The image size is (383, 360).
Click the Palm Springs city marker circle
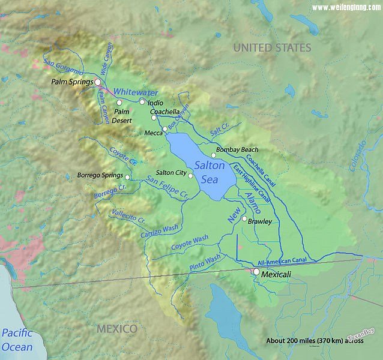[x=98, y=82]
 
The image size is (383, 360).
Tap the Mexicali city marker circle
[x=256, y=272]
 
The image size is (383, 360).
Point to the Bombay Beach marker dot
[x=213, y=155]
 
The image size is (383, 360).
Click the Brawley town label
[x=260, y=221]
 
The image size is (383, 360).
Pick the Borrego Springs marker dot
[x=127, y=177]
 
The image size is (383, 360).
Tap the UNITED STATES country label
[x=272, y=47]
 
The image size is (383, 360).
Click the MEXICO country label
[x=117, y=329]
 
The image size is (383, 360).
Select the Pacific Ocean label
[x=17, y=340]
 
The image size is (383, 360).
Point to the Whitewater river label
[x=136, y=92]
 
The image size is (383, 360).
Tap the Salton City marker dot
[x=190, y=176]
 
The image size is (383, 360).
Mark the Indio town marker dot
[x=142, y=102]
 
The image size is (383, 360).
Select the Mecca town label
[x=153, y=133]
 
